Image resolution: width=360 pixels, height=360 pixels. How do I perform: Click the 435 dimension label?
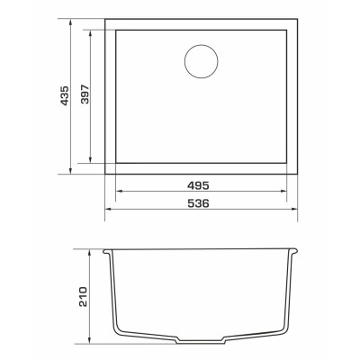coord(65,96)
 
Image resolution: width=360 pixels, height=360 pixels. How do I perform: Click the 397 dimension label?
coord(85,94)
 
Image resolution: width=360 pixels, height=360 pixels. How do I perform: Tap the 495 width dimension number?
coord(198,185)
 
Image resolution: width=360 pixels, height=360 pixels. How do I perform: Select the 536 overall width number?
coord(198,203)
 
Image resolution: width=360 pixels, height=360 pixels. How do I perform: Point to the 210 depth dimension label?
coord(83,297)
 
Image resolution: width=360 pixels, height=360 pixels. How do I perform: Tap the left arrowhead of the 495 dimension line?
coord(120,191)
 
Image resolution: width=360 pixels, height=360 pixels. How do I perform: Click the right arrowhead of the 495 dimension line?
coord(283,191)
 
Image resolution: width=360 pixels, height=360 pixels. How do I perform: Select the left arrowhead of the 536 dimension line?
coord(109,209)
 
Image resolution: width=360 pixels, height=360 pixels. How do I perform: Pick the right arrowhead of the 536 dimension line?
coord(293,209)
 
